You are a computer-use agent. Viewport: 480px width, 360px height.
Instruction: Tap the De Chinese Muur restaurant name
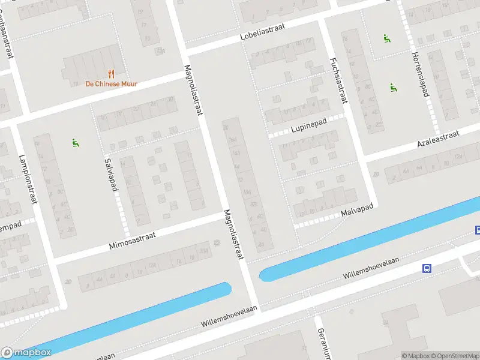111,84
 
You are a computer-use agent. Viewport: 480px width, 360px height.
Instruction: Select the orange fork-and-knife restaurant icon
111,74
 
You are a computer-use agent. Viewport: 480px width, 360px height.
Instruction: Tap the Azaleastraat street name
438,139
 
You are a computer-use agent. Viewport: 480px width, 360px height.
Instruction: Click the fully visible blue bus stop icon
427,268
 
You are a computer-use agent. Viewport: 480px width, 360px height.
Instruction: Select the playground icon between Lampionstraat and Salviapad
76,143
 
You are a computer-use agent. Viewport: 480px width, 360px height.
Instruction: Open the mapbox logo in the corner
26,353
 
